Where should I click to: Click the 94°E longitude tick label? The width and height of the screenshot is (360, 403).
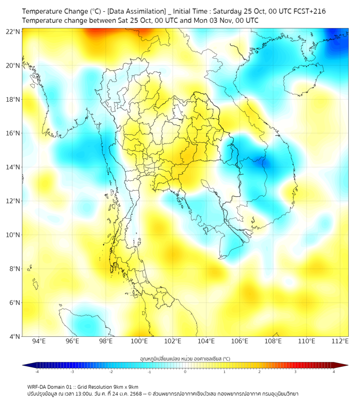[39, 341]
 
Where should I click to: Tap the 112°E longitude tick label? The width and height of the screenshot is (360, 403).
[340, 341]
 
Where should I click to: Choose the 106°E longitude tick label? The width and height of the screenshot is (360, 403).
[240, 341]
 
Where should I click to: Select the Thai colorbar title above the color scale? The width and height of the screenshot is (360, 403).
[185, 359]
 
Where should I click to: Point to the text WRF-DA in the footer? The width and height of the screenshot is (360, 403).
[38, 387]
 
